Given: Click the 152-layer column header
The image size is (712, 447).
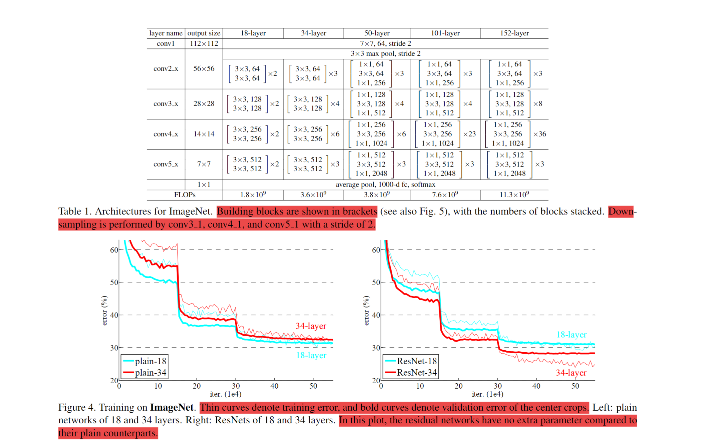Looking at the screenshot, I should (514, 33).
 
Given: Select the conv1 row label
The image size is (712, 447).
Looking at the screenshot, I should (166, 43).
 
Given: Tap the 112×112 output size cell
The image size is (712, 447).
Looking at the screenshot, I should (204, 43).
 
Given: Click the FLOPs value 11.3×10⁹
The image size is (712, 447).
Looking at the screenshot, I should (514, 195).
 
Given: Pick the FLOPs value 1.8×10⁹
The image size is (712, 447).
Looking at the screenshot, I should (253, 195).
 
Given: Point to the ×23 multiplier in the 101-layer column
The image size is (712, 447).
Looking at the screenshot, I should (469, 134).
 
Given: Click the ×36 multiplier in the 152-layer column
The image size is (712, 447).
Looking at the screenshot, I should (540, 134).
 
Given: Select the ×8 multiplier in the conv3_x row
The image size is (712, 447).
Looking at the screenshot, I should (538, 103).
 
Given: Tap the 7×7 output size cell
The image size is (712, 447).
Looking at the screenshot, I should (204, 164).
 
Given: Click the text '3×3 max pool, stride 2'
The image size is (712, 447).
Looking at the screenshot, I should (386, 53).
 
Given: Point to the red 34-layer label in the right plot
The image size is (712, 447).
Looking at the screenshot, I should (571, 373).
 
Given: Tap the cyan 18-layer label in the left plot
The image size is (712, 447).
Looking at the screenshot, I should (311, 355).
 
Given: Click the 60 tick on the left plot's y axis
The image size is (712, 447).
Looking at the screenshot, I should (114, 250).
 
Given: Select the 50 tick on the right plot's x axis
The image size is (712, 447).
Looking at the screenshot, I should (575, 386).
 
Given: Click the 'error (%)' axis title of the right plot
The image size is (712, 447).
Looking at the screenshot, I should (367, 310).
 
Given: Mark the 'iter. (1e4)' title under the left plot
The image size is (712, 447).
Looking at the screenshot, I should (226, 394).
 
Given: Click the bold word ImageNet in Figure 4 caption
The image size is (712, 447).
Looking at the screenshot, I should (172, 407).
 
